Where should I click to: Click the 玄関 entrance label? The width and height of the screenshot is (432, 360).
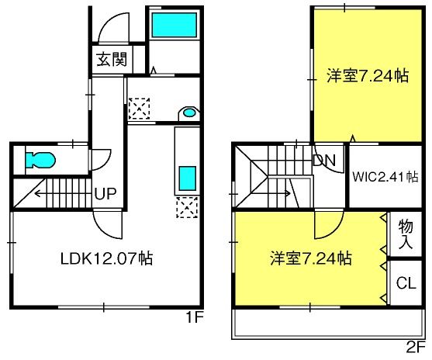[112, 59]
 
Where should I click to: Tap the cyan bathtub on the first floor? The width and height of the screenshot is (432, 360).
[175, 25]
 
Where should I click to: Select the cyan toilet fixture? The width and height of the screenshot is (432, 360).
[40, 160]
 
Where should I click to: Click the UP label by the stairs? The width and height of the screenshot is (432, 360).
[105, 193]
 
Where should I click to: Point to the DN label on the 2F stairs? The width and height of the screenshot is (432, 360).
[324, 160]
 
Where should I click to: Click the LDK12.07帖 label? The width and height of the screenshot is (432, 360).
[106, 258]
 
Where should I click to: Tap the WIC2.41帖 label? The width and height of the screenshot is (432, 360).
[385, 177]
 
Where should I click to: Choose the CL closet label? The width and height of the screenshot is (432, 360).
[406, 283]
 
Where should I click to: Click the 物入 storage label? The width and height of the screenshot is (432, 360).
[406, 234]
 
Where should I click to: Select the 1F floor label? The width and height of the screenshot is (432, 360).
[195, 317]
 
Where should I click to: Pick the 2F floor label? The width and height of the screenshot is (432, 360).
[416, 348]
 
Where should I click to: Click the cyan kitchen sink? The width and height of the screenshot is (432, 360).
[188, 178]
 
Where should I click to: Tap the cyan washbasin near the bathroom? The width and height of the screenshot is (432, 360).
[190, 112]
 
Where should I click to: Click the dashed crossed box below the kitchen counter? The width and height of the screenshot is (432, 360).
[187, 207]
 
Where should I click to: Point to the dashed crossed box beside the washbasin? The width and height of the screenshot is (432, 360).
[139, 109]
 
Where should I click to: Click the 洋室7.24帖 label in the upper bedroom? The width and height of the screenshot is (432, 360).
[368, 75]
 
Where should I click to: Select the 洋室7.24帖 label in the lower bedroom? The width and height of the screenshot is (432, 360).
[311, 258]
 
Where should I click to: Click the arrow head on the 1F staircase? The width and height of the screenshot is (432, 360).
[37, 194]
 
